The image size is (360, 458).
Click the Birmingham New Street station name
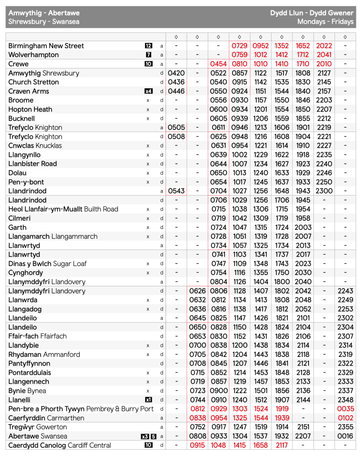point(46,46)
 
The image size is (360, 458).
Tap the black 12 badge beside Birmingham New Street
point(148,46)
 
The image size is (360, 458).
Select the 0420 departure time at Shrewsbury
point(176,73)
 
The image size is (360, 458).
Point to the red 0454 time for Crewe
point(218,64)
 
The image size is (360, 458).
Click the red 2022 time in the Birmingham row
point(324,46)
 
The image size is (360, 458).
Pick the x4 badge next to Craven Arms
point(148,91)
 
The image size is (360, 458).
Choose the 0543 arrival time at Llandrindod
point(176,191)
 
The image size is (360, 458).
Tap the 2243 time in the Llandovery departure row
point(345,291)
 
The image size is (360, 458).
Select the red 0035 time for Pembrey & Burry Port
point(345,409)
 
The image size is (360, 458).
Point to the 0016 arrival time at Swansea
point(345,436)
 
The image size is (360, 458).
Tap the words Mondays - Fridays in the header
point(325,22)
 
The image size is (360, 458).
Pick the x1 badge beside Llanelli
point(148,400)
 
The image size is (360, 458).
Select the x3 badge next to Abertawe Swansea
point(144,436)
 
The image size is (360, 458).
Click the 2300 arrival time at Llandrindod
point(324,191)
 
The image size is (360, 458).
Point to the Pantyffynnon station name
point(29,364)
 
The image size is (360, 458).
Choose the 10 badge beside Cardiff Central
point(148,445)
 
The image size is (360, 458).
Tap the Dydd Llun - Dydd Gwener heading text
point(311,13)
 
